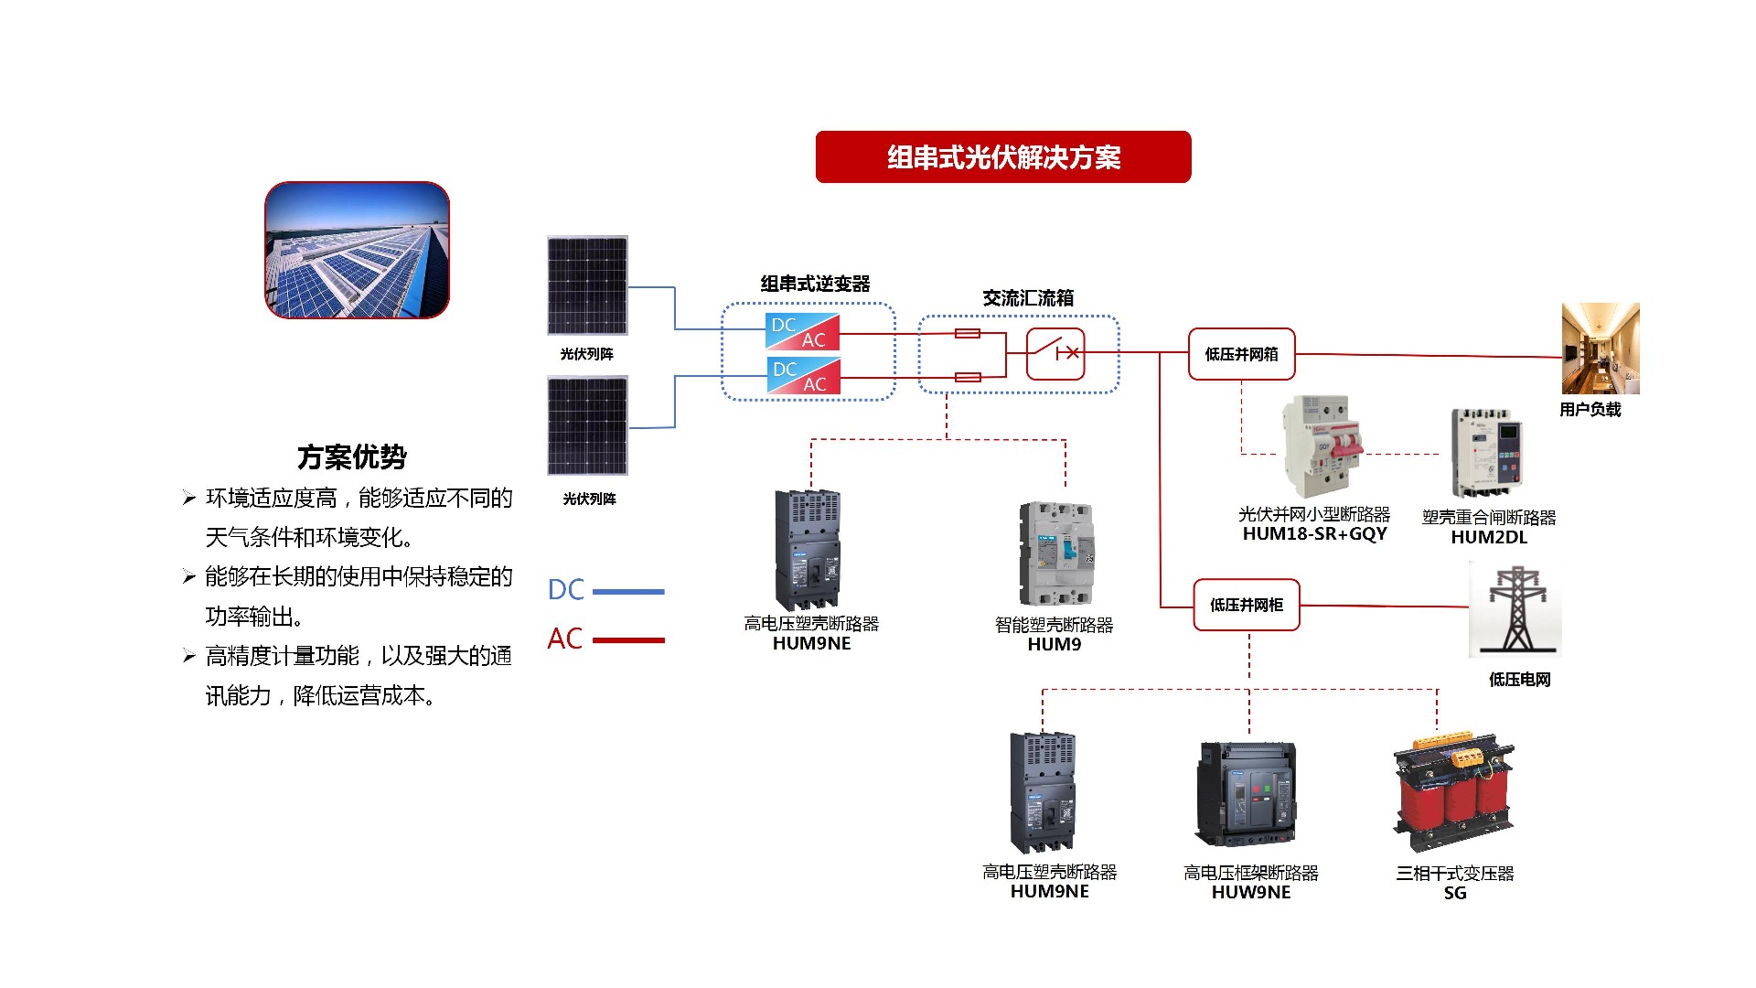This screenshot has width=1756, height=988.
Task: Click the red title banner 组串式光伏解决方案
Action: (x=1002, y=157)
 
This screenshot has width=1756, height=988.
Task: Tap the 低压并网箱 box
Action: (x=1241, y=354)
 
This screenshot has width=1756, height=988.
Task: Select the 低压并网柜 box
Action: (x=1247, y=605)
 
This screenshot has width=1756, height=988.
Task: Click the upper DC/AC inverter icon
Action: (x=802, y=332)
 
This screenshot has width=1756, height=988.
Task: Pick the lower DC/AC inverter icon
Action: (x=802, y=376)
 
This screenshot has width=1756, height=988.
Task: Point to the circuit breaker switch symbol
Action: (x=1055, y=353)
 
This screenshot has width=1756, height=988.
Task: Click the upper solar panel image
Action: (x=587, y=285)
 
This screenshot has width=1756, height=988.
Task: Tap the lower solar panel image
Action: (x=587, y=425)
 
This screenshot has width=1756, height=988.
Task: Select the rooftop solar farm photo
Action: (x=357, y=250)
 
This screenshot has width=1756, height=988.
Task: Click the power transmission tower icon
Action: (x=1515, y=608)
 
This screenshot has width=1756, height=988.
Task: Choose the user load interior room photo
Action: (x=1600, y=349)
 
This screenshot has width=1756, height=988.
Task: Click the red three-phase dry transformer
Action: (x=1453, y=791)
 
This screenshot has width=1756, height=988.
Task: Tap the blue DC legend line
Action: (x=628, y=592)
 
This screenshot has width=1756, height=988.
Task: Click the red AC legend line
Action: (x=628, y=640)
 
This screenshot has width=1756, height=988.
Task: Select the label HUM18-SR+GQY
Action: (x=1314, y=534)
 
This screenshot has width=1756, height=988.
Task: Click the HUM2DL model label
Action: (x=1489, y=538)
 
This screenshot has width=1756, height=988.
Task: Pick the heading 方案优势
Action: (x=352, y=456)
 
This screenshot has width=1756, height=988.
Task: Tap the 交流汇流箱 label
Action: (x=1028, y=298)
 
